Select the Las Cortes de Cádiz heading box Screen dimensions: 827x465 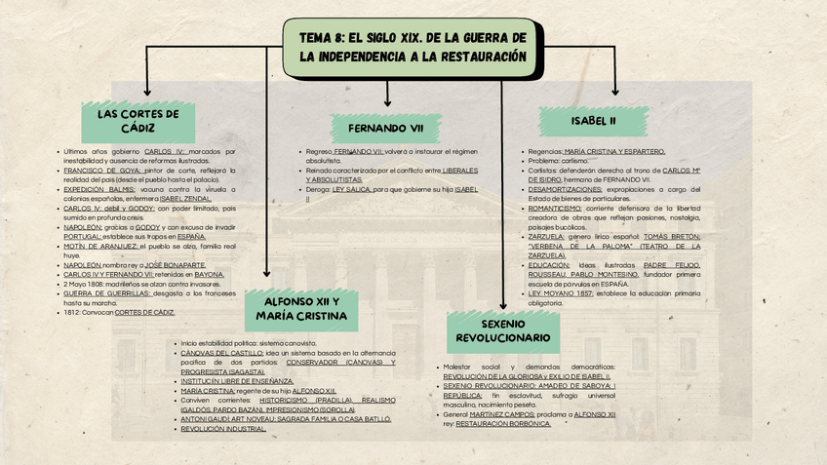click(x=138, y=121)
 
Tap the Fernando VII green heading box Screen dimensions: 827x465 click(x=386, y=129)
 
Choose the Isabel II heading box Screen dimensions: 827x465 click(x=593, y=122)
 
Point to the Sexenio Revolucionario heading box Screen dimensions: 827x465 click(x=502, y=330)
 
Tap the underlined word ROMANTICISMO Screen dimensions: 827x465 click(x=555, y=208)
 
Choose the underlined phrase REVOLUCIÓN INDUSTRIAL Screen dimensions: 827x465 click(x=223, y=428)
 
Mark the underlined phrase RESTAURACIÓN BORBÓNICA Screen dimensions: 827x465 click(x=503, y=424)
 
